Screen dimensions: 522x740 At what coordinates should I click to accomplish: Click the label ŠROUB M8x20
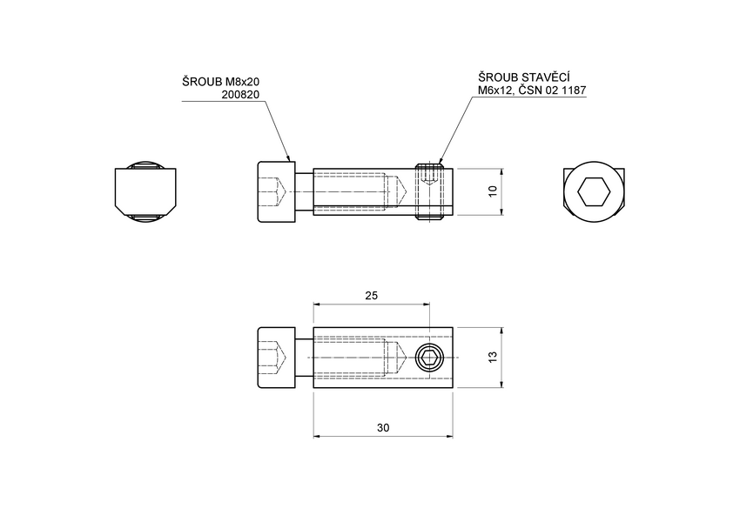coord(221,82)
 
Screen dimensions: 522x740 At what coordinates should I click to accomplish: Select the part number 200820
coord(241,94)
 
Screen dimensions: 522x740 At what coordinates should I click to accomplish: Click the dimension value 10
coord(493,191)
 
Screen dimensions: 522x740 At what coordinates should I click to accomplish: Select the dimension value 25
coord(371,296)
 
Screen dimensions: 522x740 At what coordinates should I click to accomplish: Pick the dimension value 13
coord(494,358)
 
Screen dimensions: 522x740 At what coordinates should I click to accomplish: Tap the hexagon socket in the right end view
coord(594,191)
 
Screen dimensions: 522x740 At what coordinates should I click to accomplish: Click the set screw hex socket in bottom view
coord(429,358)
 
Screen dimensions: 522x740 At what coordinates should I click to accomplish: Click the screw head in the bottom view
coord(277,358)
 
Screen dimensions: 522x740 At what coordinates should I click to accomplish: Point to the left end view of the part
coord(145,191)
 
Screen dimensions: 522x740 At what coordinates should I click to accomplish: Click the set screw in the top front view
coord(429,191)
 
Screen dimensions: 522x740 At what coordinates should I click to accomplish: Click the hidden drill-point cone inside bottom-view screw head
coord(280,358)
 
